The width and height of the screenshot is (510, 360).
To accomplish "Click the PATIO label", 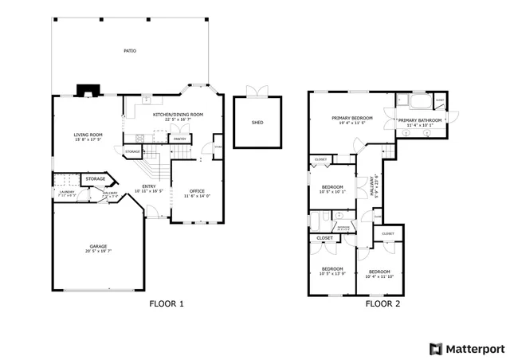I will point(129,51).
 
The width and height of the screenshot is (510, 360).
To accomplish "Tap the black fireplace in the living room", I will point(84,91).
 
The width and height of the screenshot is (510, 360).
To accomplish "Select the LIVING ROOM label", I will point(88,135).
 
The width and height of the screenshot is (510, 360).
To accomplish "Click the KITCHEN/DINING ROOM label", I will point(178,115).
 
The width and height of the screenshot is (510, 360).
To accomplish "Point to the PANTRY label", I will point(180,139).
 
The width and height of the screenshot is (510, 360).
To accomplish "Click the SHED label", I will point(257,123).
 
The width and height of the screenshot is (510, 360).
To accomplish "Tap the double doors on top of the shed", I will point(257,90).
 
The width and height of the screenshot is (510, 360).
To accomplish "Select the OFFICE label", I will point(197,191).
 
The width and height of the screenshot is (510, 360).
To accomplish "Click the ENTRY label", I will point(149,186).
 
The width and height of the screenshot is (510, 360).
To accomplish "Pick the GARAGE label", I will point(99,246).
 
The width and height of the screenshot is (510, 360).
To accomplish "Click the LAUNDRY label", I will point(66,192).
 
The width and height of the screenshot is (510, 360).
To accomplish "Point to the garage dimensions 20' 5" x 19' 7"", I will point(99,252).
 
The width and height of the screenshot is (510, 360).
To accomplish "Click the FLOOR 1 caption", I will point(167,303).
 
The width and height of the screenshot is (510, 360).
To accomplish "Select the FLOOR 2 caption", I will point(382,303).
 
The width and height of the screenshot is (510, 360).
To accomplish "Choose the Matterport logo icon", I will point(435,348).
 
